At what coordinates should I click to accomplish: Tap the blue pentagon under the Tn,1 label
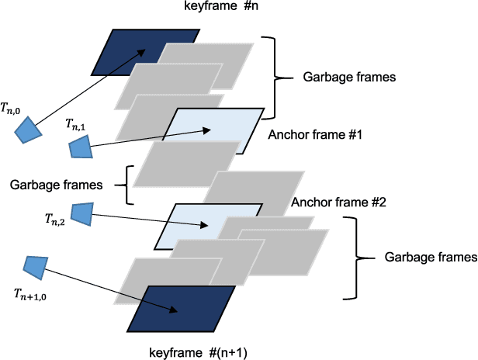pos(80,147)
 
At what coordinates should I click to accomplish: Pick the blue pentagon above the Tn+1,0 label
pos(35,267)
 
